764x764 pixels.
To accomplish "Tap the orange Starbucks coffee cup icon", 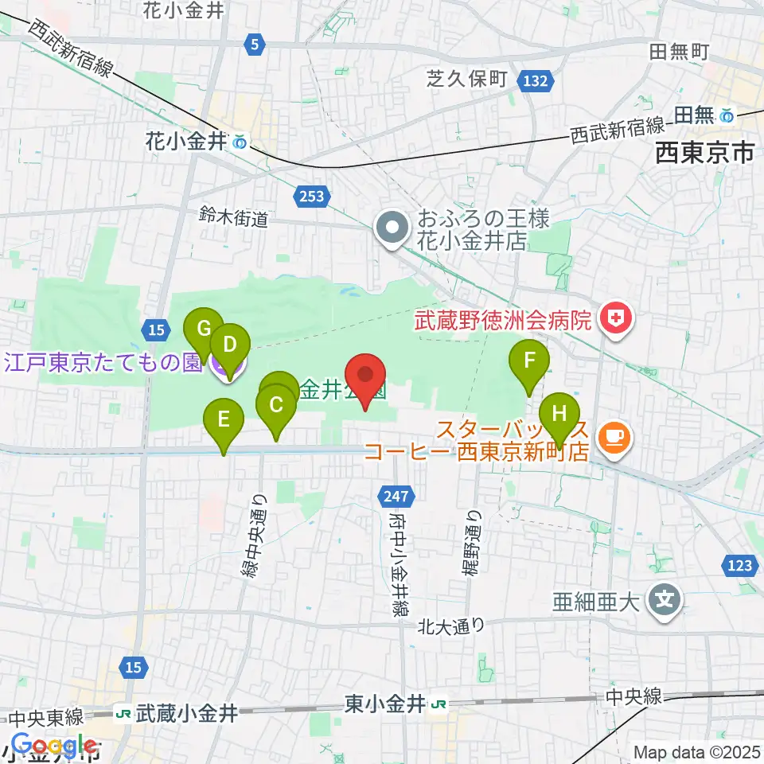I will pyautogui.click(x=613, y=436).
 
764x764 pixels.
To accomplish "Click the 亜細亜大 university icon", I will pyautogui.click(x=663, y=601).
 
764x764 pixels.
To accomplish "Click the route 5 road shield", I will pyautogui.click(x=253, y=45).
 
